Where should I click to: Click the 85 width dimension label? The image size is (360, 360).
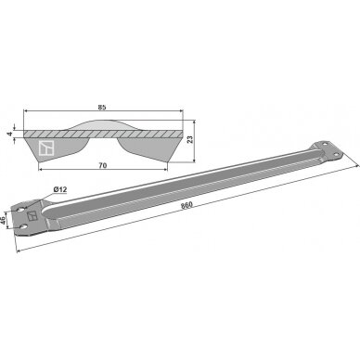point(102,108)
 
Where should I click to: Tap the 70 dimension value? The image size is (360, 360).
point(103,166)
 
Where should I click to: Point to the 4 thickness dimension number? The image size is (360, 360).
point(10,134)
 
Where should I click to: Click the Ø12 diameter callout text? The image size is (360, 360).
point(60,189)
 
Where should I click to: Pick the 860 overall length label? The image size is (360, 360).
point(187,205)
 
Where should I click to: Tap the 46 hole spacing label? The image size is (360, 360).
point(3,221)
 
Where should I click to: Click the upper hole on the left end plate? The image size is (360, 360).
point(20,210)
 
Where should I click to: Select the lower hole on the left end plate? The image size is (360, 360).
point(22,227)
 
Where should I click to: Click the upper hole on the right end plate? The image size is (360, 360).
point(324,144)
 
